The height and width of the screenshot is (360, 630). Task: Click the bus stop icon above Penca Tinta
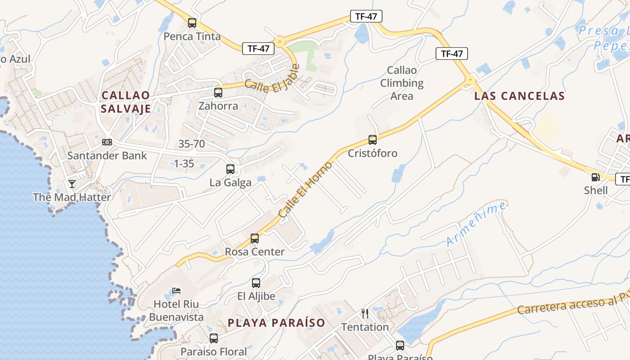pyautogui.click(x=192, y=23)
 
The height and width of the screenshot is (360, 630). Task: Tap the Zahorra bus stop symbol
pyautogui.click(x=218, y=93)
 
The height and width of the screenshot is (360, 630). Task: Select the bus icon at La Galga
pyautogui.click(x=230, y=169)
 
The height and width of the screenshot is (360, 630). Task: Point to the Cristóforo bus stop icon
pyautogui.click(x=373, y=140)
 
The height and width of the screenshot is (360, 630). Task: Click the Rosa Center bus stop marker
pyautogui.click(x=255, y=238)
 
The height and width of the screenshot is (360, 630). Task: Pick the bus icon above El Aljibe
pyautogui.click(x=256, y=283)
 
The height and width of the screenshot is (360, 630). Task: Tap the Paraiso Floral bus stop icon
pyautogui.click(x=214, y=338)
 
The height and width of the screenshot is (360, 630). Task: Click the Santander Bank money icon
pyautogui.click(x=107, y=142)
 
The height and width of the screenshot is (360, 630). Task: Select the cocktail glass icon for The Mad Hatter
pyautogui.click(x=72, y=184)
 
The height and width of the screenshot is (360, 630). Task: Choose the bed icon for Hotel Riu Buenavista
pyautogui.click(x=176, y=291)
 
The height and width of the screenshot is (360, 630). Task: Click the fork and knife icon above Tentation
pyautogui.click(x=365, y=314)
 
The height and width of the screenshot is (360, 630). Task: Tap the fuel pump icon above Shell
pyautogui.click(x=595, y=177)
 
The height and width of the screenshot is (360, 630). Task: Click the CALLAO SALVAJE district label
pyautogui.click(x=126, y=102)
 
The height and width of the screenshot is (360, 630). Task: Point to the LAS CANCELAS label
pyautogui.click(x=519, y=96)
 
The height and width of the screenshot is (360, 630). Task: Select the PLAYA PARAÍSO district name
pyautogui.click(x=276, y=323)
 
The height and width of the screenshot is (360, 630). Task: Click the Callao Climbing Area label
pyautogui.click(x=402, y=83)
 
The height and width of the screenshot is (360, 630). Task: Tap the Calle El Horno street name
pyautogui.click(x=305, y=190)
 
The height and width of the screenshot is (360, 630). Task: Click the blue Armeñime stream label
pyautogui.click(x=476, y=224)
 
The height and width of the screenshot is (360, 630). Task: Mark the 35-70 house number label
pyautogui.click(x=192, y=144)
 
